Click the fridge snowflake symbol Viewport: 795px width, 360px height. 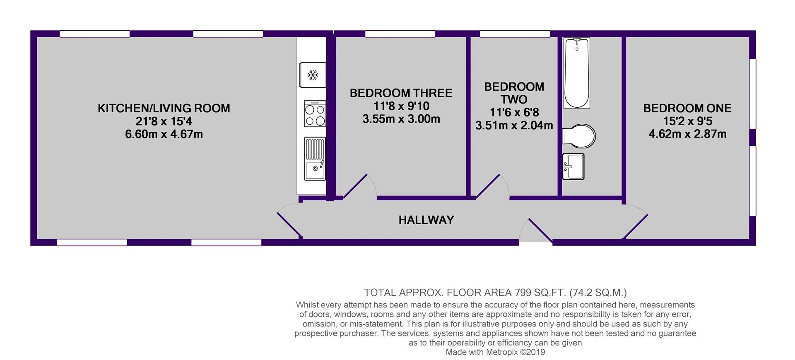coord(313,75)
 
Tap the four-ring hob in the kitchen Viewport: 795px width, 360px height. coord(315,114)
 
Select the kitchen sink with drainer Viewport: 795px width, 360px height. coord(315,159)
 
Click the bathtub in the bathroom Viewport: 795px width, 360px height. coord(577,73)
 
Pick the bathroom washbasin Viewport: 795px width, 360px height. coord(573,167)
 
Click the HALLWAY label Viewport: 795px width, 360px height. coord(426,220)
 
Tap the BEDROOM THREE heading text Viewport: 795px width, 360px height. coord(401,93)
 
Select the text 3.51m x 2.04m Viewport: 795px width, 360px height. coord(514,125)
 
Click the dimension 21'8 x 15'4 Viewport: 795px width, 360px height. coord(164,121)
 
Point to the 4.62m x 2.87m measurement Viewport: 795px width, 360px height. coord(687,134)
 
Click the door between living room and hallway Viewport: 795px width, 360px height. coord(289,224)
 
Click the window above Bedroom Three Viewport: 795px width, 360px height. coord(400,34)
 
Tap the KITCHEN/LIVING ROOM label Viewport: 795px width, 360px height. coord(164,109)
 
